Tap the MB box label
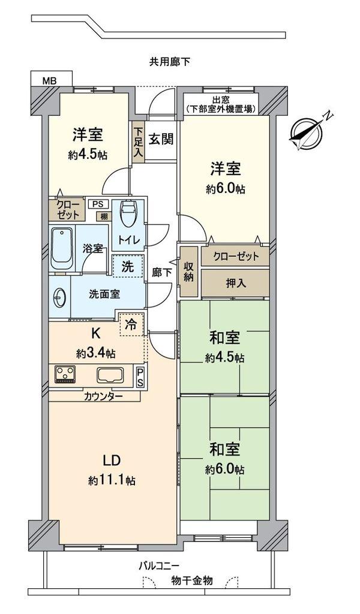tap(47, 79)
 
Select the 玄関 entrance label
tap(161, 139)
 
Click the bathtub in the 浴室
tap(62, 248)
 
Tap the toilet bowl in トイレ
tap(128, 213)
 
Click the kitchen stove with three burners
tap(66, 375)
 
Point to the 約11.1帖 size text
tap(112, 480)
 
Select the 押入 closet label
tap(235, 282)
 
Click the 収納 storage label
tap(188, 271)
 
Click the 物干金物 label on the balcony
tap(191, 580)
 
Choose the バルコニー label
tap(158, 565)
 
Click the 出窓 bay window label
tap(221, 100)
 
